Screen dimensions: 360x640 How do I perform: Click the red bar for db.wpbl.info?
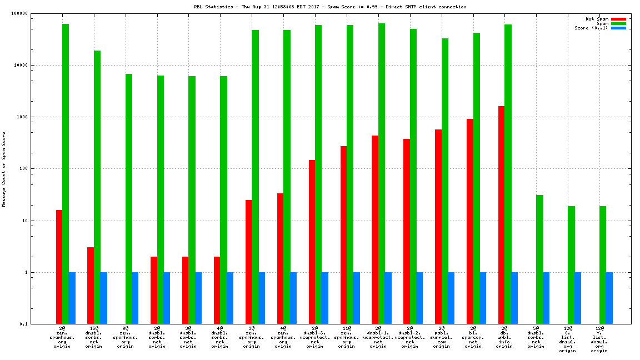501,215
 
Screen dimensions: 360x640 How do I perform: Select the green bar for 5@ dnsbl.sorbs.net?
539,259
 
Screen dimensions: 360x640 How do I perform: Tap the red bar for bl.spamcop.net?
469,221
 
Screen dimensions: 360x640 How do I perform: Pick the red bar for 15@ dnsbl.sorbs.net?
91,286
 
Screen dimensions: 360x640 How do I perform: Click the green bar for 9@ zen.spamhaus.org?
128,199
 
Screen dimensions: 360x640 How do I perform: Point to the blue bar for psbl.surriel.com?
451,298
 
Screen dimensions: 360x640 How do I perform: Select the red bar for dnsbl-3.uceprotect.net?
312,242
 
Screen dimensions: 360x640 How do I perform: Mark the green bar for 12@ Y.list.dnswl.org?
603,265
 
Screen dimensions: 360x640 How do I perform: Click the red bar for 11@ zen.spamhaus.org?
343,235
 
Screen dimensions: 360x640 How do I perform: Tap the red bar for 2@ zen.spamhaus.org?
59,267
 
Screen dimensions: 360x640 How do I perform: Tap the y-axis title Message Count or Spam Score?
3,169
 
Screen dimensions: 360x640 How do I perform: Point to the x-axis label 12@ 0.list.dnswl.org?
568,339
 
